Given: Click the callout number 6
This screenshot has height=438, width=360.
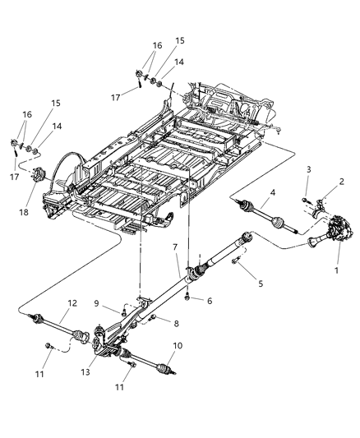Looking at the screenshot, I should (209, 302).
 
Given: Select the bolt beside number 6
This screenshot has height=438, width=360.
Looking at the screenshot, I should (190, 295).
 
